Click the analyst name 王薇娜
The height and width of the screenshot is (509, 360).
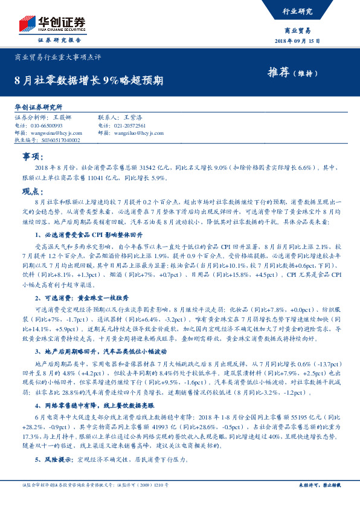point(62,118)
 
